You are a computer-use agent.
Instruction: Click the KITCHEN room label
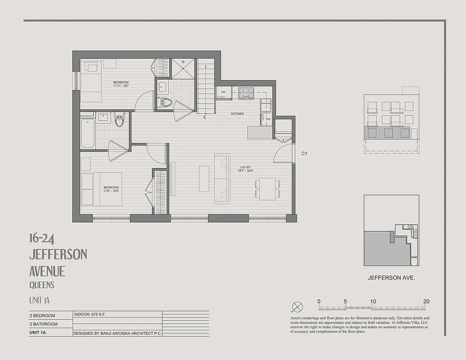pyautogui.click(x=237, y=114)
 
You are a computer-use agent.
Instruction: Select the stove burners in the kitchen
pyautogui.click(x=246, y=93)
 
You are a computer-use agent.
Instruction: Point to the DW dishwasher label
pyautogui.click(x=268, y=119)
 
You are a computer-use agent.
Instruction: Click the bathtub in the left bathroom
pyautogui.click(x=88, y=133)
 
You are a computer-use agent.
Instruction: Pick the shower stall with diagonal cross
pyautogui.click(x=183, y=68)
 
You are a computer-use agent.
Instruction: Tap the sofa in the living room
pyautogui.click(x=222, y=178)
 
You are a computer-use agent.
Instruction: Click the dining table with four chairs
pyautogui.click(x=267, y=189)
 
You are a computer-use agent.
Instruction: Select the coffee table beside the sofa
pyautogui.click(x=204, y=179)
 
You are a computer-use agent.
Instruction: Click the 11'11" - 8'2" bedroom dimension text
pyautogui.click(x=121, y=85)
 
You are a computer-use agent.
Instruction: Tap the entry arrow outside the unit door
pyautogui.click(x=304, y=153)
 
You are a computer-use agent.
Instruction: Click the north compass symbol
pyautogui.click(x=297, y=307)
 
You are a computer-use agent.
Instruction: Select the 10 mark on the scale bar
pyautogui.click(x=373, y=301)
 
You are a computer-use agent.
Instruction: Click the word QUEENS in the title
pyautogui.click(x=42, y=285)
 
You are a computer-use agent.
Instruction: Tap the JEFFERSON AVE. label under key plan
pyautogui.click(x=391, y=278)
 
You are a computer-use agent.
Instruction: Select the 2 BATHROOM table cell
pyautogui.click(x=43, y=324)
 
